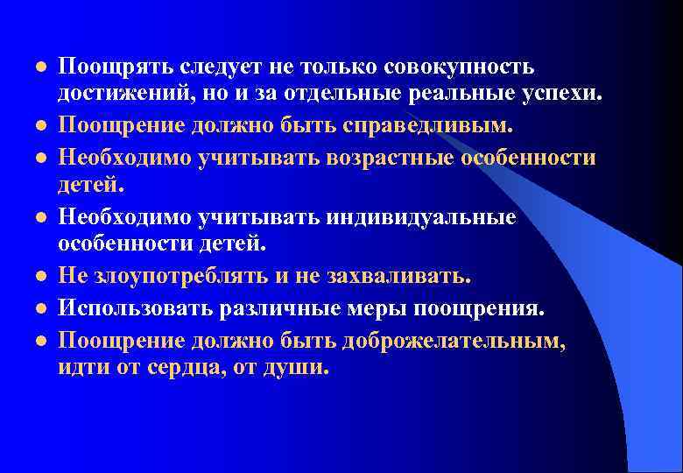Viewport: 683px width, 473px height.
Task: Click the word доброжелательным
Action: [451, 339]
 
